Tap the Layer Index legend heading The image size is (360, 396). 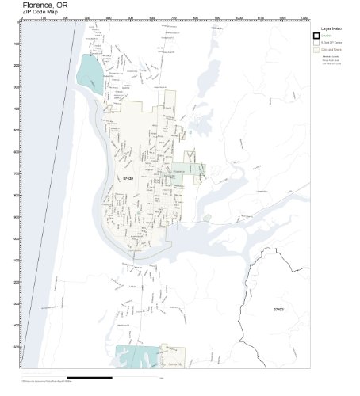click(x=331, y=29)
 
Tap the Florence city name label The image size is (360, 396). click(x=178, y=169)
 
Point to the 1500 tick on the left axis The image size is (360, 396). click(x=17, y=347)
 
